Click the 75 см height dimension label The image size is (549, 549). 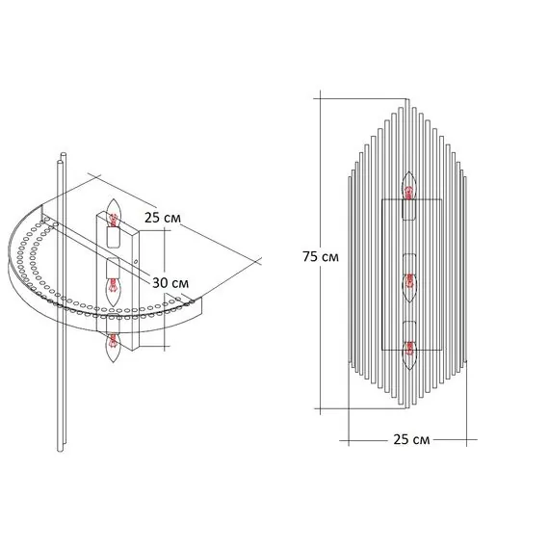click(321, 256)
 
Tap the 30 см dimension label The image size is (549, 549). click(170, 282)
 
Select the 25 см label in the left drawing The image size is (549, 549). click(163, 218)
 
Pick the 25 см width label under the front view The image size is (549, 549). click(411, 439)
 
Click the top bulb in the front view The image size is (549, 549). click(409, 186)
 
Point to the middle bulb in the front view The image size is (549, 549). click(409, 287)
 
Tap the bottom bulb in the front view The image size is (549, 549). click(409, 354)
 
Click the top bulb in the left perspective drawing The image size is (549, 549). click(113, 213)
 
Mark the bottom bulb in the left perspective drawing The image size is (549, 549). click(113, 348)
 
